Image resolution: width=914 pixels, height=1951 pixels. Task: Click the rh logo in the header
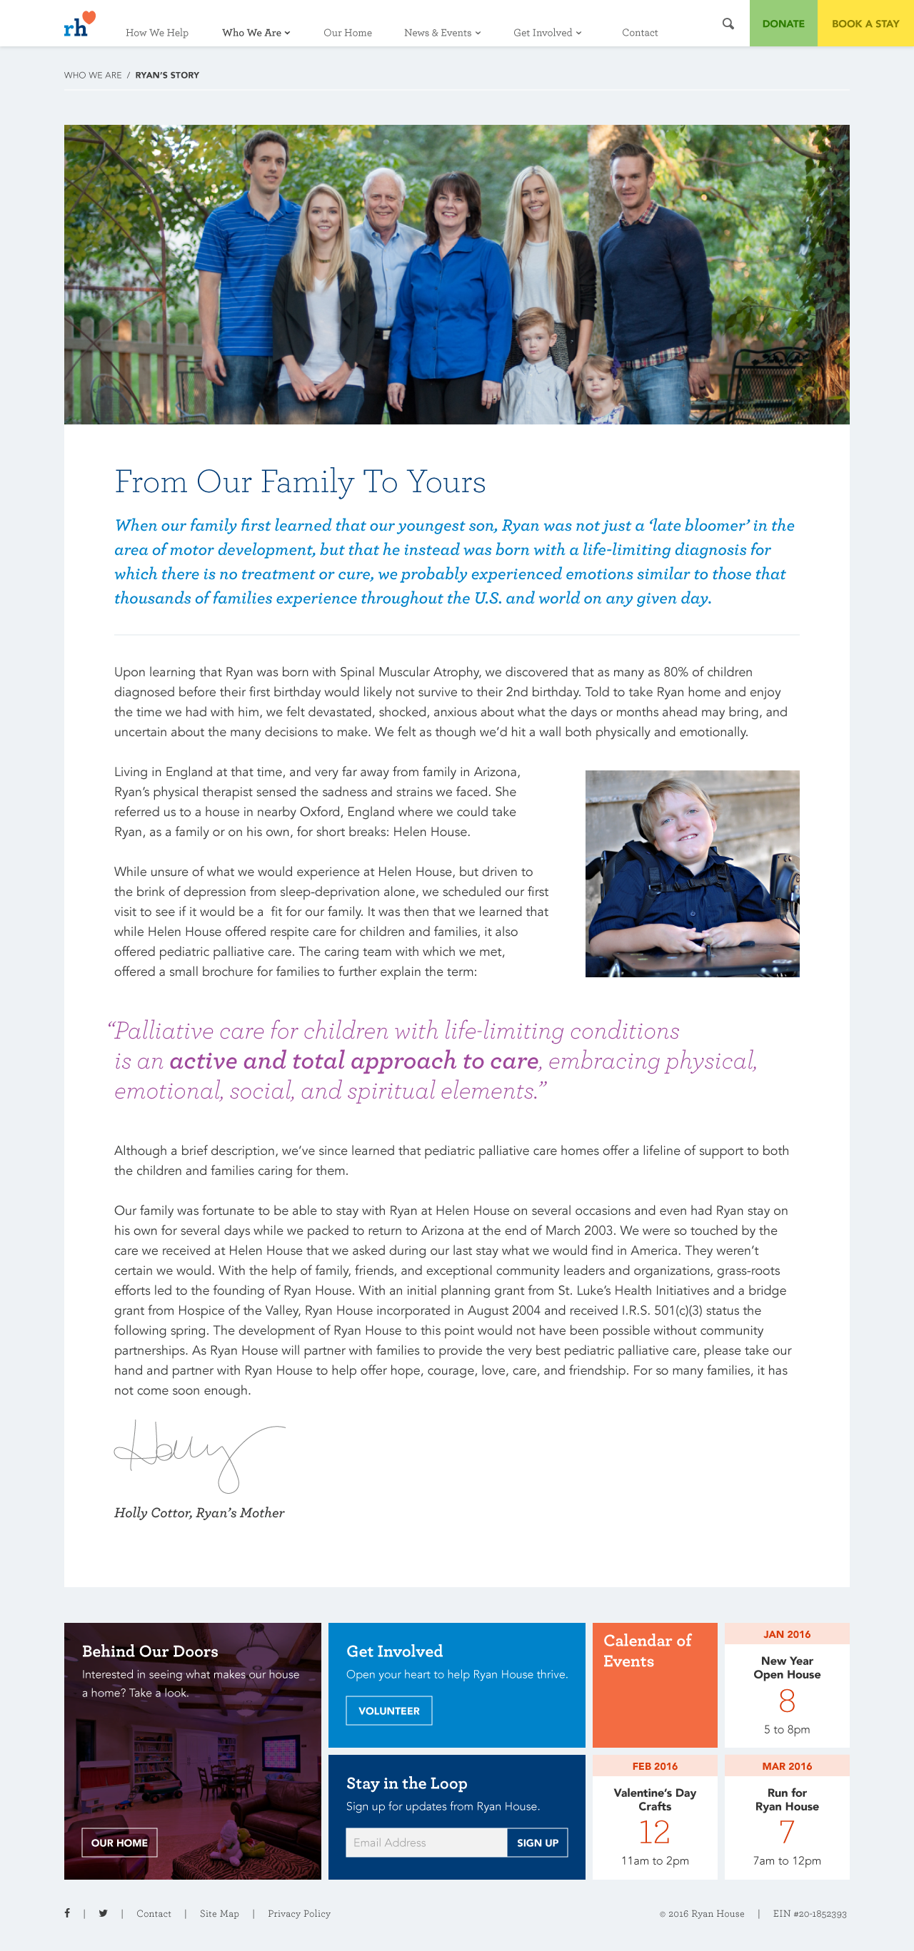click(x=79, y=25)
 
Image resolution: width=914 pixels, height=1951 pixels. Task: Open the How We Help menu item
click(x=157, y=33)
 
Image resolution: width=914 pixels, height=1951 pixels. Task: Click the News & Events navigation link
click(x=442, y=33)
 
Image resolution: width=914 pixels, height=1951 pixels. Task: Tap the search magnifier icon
click(x=728, y=24)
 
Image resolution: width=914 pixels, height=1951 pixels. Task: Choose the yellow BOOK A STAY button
click(x=865, y=24)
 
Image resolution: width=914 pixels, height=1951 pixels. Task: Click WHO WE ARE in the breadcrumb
click(x=92, y=75)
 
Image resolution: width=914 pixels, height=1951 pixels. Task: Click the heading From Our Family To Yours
click(x=300, y=482)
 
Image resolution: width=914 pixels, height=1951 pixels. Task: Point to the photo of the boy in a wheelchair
click(x=692, y=873)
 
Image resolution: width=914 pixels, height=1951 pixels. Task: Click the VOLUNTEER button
click(x=388, y=1710)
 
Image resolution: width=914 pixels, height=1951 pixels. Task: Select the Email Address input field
click(x=426, y=1842)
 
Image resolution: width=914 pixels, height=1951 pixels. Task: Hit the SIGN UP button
click(x=538, y=1842)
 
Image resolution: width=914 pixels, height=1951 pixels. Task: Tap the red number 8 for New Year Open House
click(x=787, y=1701)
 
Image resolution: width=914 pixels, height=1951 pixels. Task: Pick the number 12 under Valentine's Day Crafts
click(x=654, y=1832)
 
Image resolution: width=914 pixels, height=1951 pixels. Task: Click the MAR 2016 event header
click(x=787, y=1766)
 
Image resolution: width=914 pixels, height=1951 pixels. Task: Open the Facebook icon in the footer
click(x=67, y=1912)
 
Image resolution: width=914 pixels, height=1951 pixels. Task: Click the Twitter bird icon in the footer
click(x=103, y=1912)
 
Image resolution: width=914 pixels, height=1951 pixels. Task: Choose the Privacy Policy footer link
click(x=298, y=1913)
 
